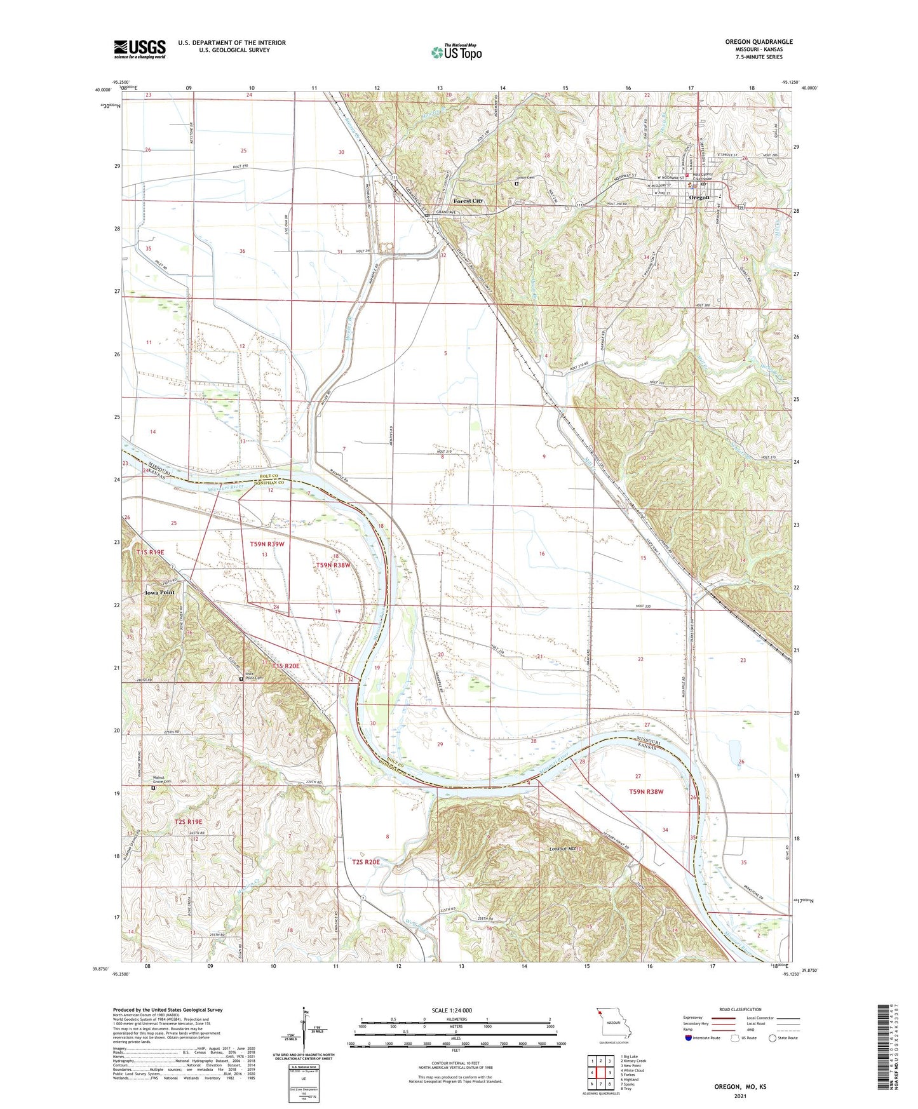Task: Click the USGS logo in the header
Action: pos(140,48)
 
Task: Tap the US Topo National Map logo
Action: pos(456,52)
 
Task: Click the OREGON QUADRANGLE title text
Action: pos(759,42)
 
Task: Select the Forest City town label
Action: pos(468,201)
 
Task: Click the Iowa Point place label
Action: pos(159,592)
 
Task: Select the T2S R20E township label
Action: pos(365,862)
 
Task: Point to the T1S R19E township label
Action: pos(150,553)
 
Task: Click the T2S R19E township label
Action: pos(188,822)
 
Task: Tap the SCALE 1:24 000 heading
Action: pos(452,1011)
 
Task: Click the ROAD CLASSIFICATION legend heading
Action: pos(740,1009)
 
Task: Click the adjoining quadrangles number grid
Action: pos(600,1073)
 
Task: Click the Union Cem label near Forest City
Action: pos(525,177)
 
